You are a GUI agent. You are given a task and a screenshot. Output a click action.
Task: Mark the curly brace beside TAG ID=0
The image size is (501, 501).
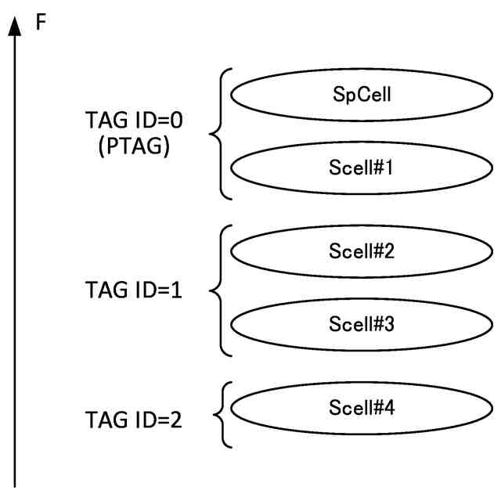point(217,133)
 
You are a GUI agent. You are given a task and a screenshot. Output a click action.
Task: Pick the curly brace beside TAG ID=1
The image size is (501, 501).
point(217,289)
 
